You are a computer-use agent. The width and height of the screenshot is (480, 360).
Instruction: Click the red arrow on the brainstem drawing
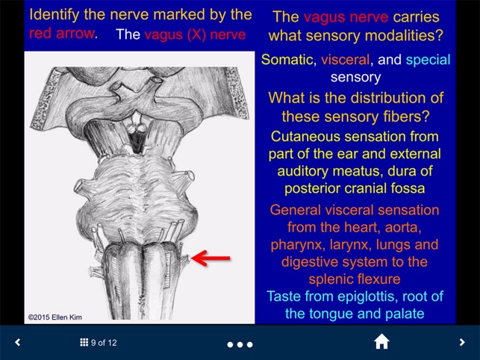(212, 258)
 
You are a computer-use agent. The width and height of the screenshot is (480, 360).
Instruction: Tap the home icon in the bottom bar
(381, 342)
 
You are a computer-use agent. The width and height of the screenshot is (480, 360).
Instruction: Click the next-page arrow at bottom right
(462, 343)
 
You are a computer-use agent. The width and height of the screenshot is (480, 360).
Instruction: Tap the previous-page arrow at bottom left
(18, 343)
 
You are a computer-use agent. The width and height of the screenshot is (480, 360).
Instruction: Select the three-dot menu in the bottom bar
(240, 344)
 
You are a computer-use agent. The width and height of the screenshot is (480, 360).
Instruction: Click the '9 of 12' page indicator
(104, 343)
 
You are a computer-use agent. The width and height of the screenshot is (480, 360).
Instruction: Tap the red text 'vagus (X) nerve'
(195, 34)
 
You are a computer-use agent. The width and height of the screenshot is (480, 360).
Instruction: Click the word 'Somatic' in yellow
(287, 60)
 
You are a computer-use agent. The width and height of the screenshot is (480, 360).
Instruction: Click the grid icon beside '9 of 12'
(84, 343)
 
